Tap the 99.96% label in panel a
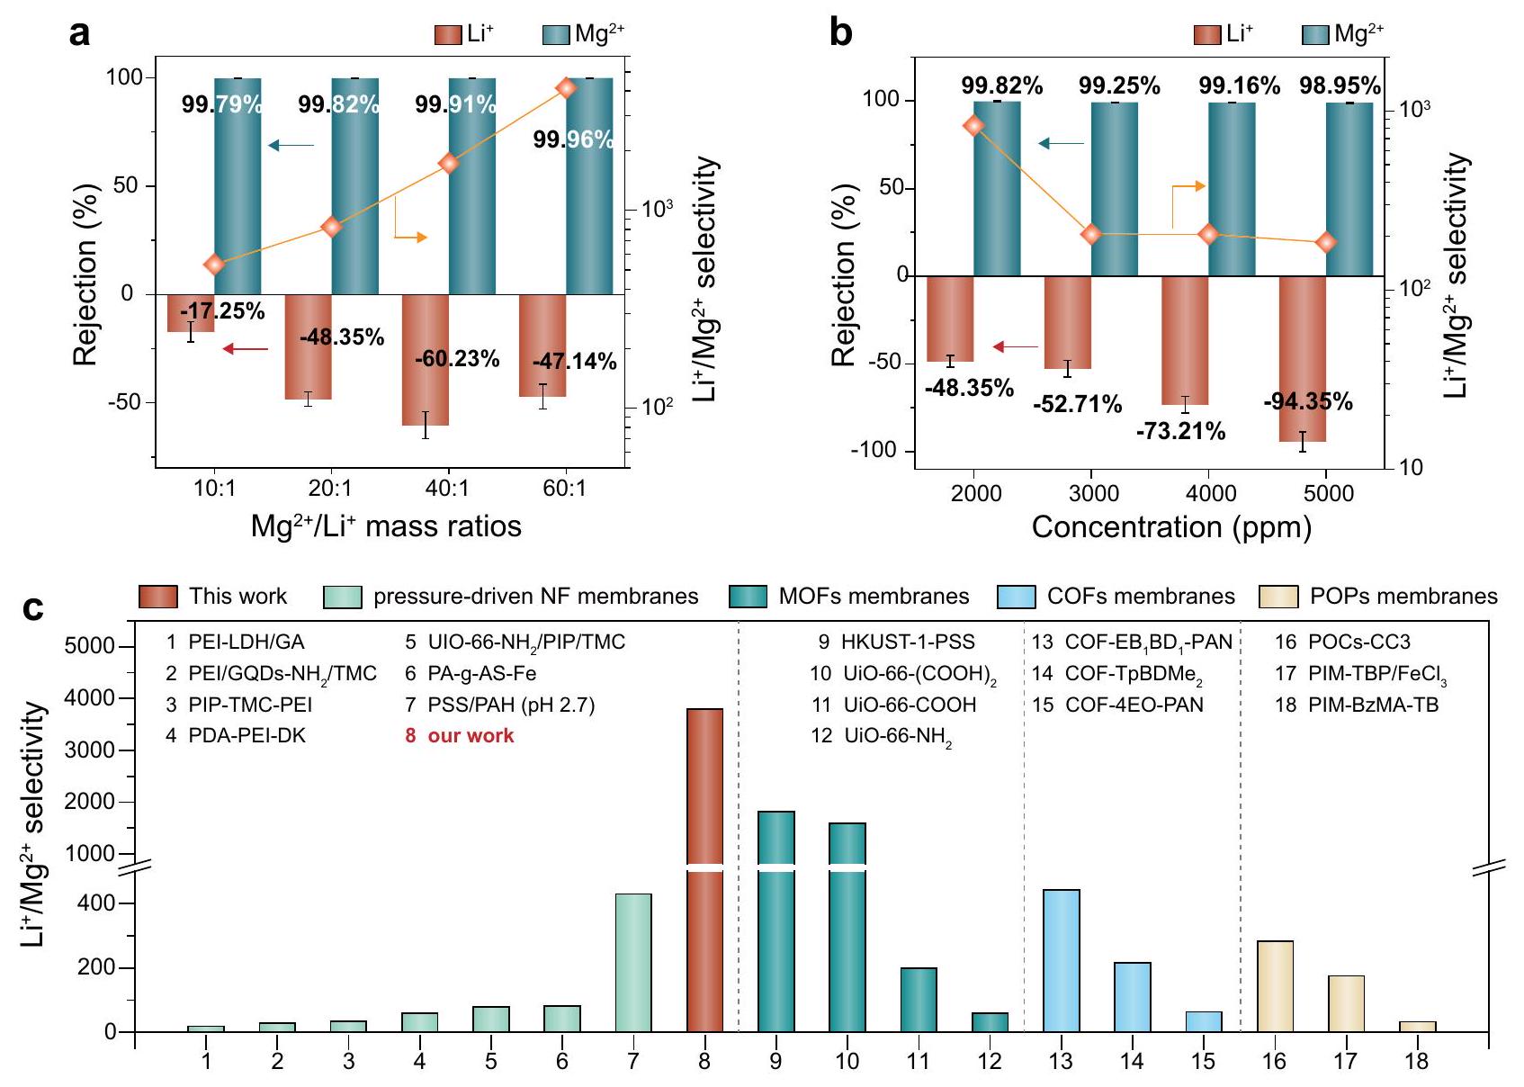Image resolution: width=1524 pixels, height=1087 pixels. click(x=573, y=139)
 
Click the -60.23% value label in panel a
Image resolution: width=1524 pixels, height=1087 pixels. click(x=457, y=359)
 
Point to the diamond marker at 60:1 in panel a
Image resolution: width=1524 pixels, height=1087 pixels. click(x=566, y=88)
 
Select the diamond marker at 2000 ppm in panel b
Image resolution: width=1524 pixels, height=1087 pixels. click(x=973, y=126)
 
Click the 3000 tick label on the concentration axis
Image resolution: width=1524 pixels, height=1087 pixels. click(x=1093, y=493)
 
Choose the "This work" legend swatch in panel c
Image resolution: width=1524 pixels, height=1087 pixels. click(x=158, y=597)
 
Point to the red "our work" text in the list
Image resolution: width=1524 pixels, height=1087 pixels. click(x=470, y=736)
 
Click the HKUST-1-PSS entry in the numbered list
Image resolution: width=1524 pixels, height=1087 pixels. click(x=907, y=642)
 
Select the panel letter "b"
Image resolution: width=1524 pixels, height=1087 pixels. click(x=840, y=34)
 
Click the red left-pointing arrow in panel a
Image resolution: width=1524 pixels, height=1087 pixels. click(x=246, y=349)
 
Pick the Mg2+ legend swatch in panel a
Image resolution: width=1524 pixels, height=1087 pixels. click(x=556, y=35)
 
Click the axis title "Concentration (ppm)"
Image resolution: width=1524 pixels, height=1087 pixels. click(x=1170, y=527)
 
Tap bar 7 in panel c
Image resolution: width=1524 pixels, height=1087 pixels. click(x=633, y=962)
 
